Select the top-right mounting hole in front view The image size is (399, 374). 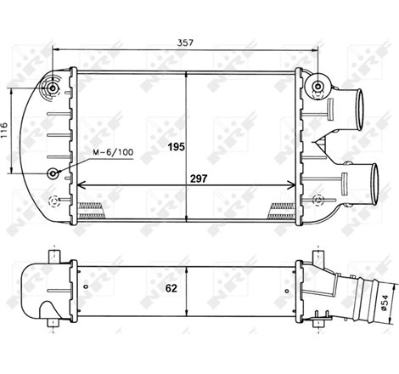pyautogui.click(x=318, y=86)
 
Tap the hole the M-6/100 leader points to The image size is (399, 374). pyautogui.click(x=54, y=174)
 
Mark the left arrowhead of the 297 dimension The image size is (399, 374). pyautogui.click(x=81, y=186)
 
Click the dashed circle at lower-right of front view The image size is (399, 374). pyautogui.click(x=318, y=201)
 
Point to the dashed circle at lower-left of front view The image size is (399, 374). pyautogui.click(x=54, y=201)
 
